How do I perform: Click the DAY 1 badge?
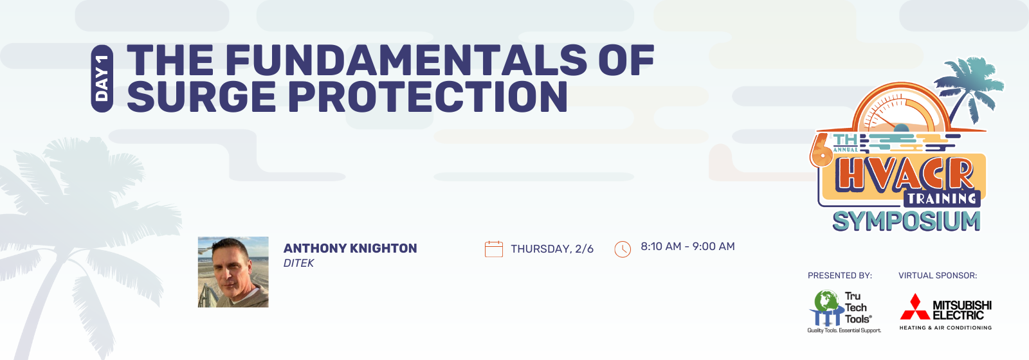click(x=102, y=78)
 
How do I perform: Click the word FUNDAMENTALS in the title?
click(x=406, y=60)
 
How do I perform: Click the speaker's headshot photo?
click(x=233, y=272)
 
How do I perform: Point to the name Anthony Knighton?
click(x=350, y=248)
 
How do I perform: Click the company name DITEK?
click(x=298, y=263)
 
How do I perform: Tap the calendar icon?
click(x=494, y=249)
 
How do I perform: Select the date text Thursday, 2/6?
click(x=552, y=249)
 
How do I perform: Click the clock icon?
click(x=623, y=249)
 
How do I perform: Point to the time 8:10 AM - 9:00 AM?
click(x=688, y=247)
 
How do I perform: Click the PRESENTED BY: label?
click(x=840, y=276)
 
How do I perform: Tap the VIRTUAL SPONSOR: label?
click(x=938, y=276)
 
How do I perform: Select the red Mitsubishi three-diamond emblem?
click(x=915, y=307)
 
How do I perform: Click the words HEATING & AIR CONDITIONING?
click(x=945, y=328)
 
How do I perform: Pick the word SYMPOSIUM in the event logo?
click(x=906, y=221)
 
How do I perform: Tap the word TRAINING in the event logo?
click(x=942, y=199)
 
